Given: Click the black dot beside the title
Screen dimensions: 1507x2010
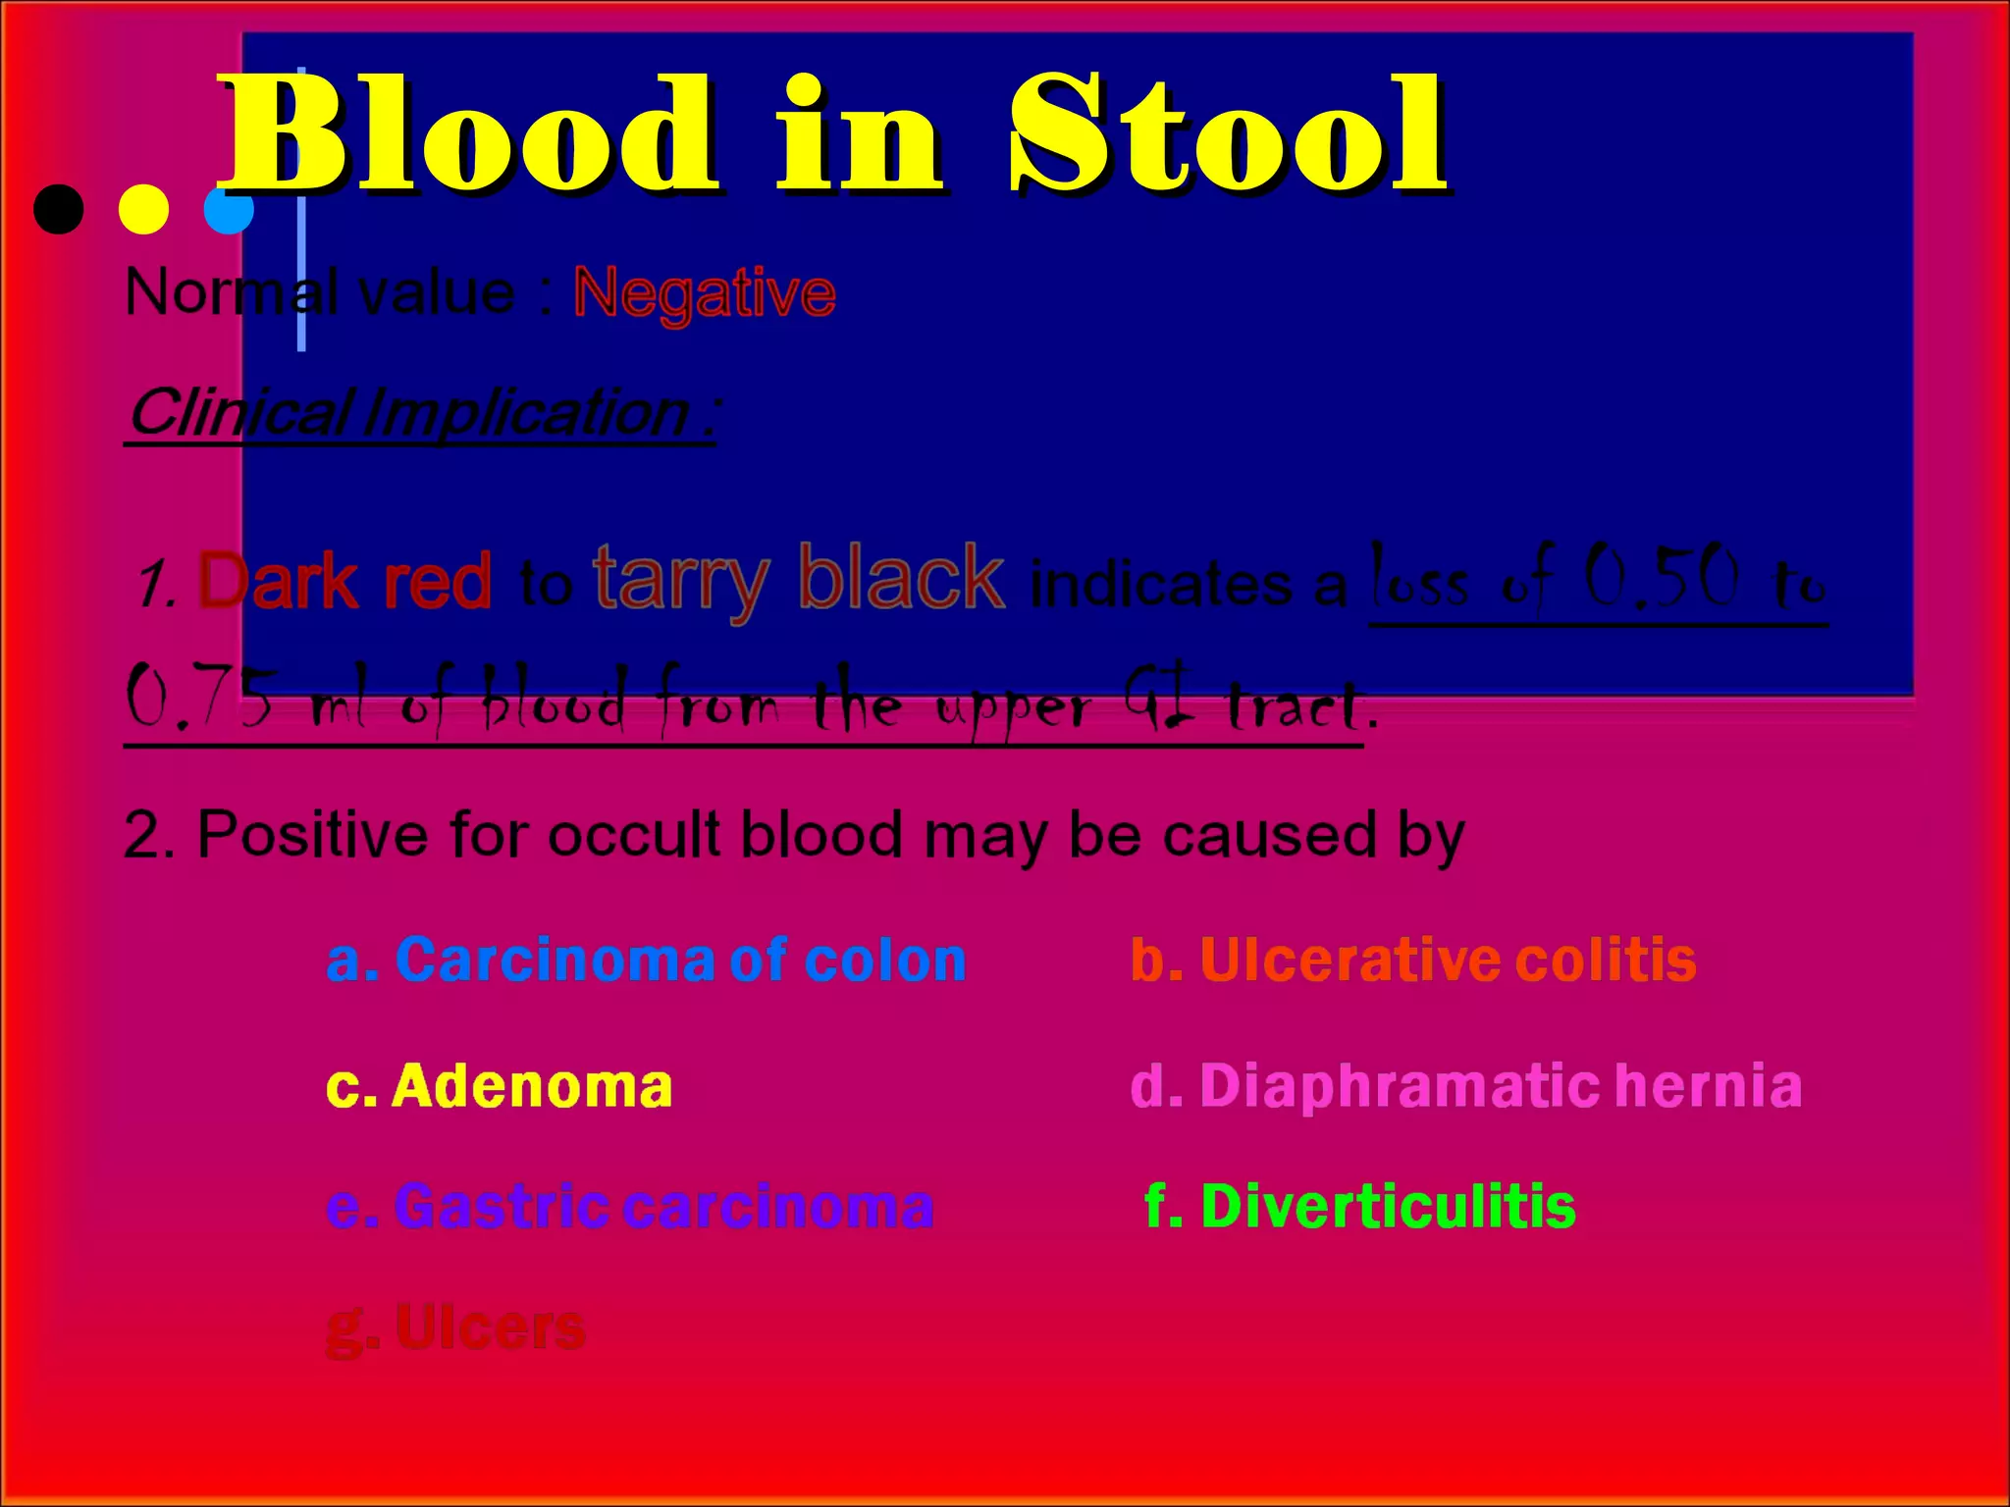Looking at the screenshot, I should coord(59,209).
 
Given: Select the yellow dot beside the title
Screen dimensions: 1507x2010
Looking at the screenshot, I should coord(143,209).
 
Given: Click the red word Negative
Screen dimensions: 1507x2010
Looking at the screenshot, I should coord(704,292).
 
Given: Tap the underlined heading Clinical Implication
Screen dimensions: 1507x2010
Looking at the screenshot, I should coord(422,412).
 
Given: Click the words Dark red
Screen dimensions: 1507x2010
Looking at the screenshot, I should coord(344,582).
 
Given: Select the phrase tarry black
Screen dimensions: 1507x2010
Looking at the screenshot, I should coord(799,579).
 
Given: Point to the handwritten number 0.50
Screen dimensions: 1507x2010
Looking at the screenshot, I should coord(1663,577).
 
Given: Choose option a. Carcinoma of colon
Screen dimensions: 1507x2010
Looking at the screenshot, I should coord(646,960).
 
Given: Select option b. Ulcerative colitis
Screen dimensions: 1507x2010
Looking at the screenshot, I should coord(1413,960).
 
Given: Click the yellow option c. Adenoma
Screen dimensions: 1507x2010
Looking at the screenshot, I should coord(499,1086).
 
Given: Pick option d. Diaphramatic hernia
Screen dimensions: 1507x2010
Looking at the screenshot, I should coord(1466,1086).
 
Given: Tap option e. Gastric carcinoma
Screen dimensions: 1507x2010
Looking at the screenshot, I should coord(629,1206).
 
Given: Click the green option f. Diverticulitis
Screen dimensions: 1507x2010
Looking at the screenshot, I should coord(1360,1206).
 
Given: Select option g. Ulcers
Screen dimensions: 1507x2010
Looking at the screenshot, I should coord(455,1328).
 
